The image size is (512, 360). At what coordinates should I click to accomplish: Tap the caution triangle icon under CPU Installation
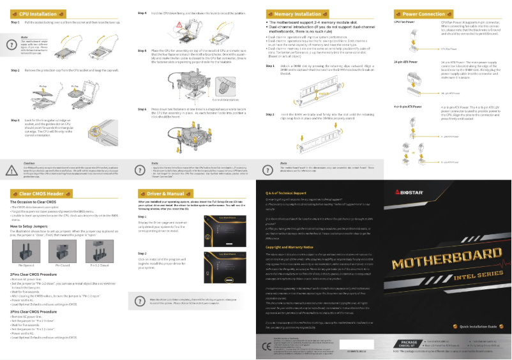[x=13, y=153]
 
